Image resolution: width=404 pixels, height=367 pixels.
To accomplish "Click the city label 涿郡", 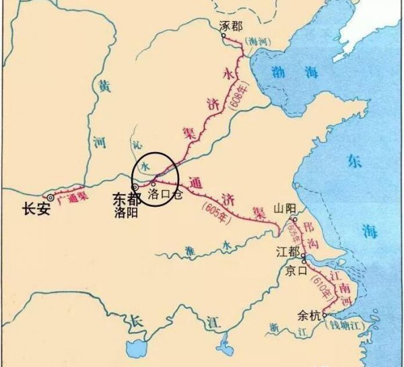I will click(x=230, y=25).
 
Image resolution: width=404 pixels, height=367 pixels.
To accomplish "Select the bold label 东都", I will click(x=124, y=200).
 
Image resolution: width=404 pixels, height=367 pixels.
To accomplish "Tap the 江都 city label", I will click(x=287, y=251).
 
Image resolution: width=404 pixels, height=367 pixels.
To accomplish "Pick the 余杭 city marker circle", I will click(x=325, y=314).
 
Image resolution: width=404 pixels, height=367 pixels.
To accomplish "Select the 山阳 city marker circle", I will click(x=294, y=219).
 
